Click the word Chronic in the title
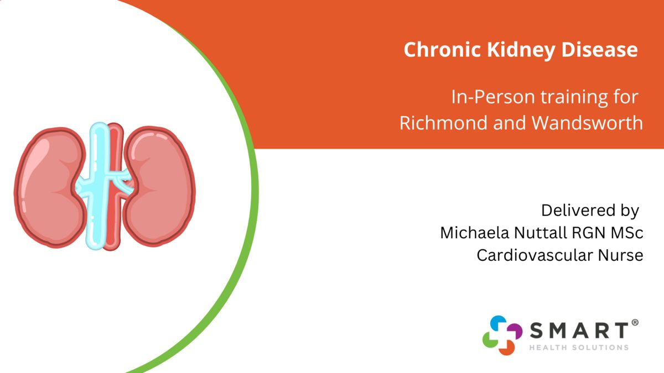(442, 49)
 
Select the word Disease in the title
(600, 49)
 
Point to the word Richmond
(443, 123)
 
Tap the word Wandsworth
(588, 123)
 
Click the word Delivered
(577, 211)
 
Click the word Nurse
(620, 255)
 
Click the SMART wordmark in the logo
(579, 330)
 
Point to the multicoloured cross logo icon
(502, 335)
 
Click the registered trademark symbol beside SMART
(635, 322)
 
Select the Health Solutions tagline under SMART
(579, 347)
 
